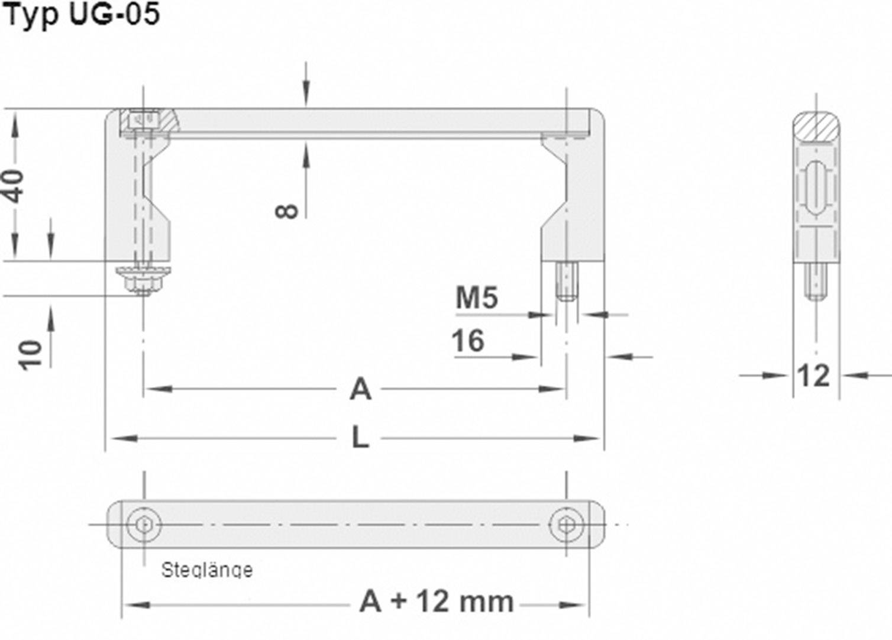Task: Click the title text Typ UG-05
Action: [x=81, y=14]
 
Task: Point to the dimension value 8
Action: [x=287, y=210]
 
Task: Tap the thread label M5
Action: [x=477, y=298]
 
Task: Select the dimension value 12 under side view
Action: [x=813, y=376]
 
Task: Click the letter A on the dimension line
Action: [x=360, y=390]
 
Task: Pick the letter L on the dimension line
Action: [x=360, y=438]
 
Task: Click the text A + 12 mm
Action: [x=436, y=602]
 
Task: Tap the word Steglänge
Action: [x=206, y=570]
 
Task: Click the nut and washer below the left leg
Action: [x=143, y=279]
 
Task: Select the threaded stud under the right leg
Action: [x=567, y=282]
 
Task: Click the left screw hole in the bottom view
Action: [x=144, y=525]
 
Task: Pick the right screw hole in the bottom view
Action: [x=566, y=525]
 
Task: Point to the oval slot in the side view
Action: [x=816, y=187]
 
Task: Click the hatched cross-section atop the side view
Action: [x=816, y=126]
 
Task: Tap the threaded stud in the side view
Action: [x=816, y=281]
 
